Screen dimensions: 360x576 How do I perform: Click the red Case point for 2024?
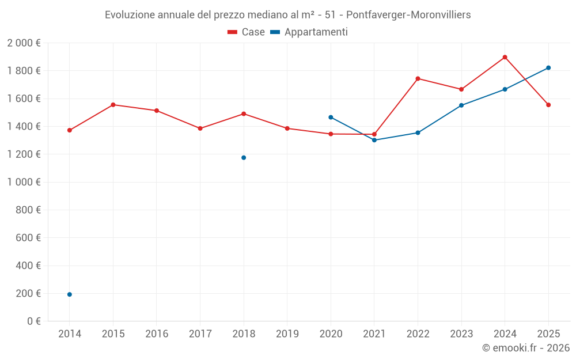tap(505, 57)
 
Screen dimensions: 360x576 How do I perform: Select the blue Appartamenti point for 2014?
tap(70, 294)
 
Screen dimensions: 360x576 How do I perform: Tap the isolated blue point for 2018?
tap(244, 158)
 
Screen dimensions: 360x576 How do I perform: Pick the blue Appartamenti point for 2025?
tap(548, 68)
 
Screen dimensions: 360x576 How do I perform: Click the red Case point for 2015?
tap(113, 105)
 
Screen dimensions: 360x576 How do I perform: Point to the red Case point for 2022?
tap(418, 78)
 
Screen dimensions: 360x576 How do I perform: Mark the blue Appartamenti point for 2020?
tap(331, 118)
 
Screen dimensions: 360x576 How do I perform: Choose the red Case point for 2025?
tap(548, 105)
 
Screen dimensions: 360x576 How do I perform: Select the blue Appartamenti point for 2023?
tap(461, 105)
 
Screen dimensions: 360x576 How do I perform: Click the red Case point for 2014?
tap(70, 130)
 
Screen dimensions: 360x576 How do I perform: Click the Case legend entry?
tap(247, 32)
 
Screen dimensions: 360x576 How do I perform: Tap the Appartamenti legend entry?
tap(309, 32)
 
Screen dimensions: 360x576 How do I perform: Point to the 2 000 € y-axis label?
tap(24, 43)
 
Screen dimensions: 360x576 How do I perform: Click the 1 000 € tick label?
tap(24, 182)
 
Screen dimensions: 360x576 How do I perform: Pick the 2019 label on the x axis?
tap(287, 334)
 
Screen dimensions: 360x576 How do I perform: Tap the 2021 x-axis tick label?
tap(374, 334)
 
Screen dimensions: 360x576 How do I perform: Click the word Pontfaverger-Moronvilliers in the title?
tap(408, 15)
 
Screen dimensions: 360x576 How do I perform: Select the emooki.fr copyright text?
tap(525, 348)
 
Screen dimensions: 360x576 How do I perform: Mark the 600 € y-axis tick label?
tap(28, 238)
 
